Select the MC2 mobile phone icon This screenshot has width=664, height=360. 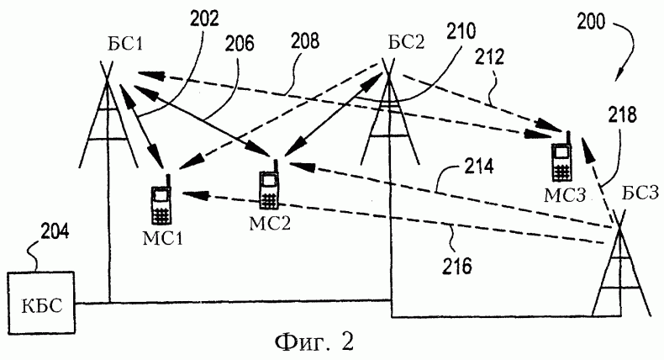coord(269,188)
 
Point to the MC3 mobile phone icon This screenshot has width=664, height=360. coord(561,158)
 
